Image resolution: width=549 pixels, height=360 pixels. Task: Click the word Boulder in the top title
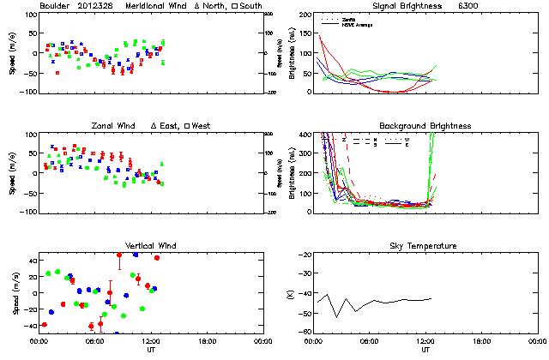[x=56, y=7]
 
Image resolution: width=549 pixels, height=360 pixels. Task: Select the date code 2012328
[x=100, y=7]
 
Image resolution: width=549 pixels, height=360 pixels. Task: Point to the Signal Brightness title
[x=401, y=7]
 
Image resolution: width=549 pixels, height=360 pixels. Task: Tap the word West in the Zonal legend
[x=201, y=126]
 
